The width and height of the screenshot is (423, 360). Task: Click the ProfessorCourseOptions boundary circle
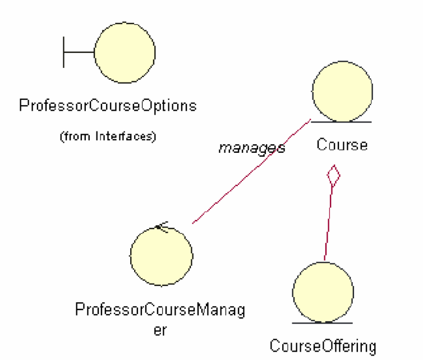(125, 52)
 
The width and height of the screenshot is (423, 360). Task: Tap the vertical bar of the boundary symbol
(63, 52)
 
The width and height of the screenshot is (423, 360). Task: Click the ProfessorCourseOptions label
(108, 106)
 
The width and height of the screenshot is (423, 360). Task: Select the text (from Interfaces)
(108, 136)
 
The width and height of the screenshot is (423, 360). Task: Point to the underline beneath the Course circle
(341, 121)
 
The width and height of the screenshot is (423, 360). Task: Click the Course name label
(342, 144)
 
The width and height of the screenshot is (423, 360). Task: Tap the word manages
(251, 148)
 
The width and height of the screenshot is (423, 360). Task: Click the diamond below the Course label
(334, 175)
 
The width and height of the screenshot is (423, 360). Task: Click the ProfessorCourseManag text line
(160, 311)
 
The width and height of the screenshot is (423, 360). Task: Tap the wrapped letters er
(160, 330)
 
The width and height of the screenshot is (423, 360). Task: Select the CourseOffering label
(323, 345)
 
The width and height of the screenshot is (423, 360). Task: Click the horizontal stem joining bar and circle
(79, 52)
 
